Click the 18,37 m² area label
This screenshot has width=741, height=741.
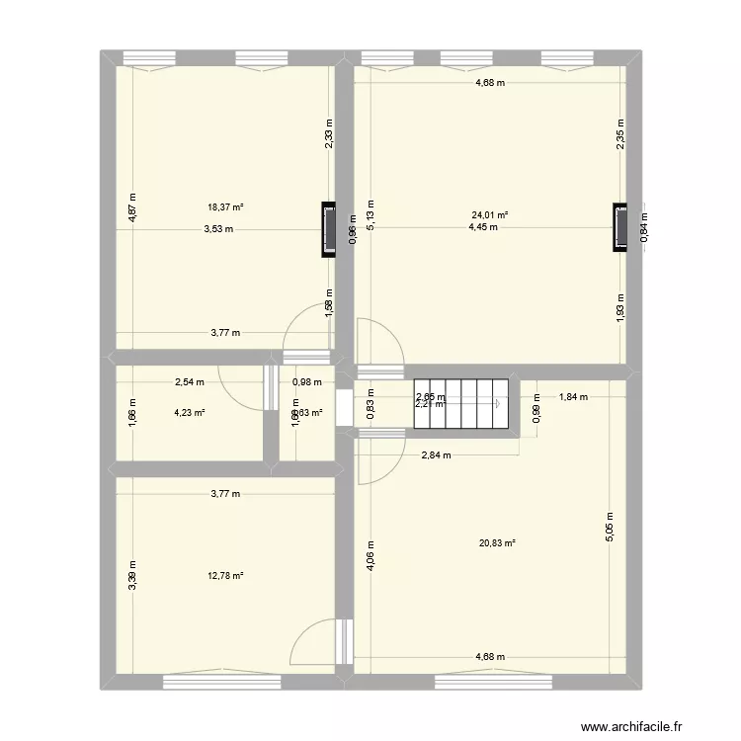pyautogui.click(x=225, y=207)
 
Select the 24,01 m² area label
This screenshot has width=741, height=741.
pyautogui.click(x=489, y=214)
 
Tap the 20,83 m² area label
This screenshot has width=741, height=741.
pyautogui.click(x=496, y=542)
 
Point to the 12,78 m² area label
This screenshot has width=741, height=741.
pyautogui.click(x=225, y=576)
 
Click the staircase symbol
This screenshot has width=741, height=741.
pyautogui.click(x=459, y=403)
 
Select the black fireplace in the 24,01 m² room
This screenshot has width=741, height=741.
pyautogui.click(x=620, y=227)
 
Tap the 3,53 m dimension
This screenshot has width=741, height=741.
pyautogui.click(x=218, y=229)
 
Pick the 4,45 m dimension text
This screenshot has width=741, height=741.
pyautogui.click(x=483, y=227)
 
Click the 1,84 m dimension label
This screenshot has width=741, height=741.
pyautogui.click(x=573, y=397)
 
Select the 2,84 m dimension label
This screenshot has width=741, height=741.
pyautogui.click(x=436, y=455)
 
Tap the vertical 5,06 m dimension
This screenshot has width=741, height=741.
pyautogui.click(x=611, y=529)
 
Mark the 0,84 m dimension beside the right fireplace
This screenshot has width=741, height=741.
pyautogui.click(x=644, y=229)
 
